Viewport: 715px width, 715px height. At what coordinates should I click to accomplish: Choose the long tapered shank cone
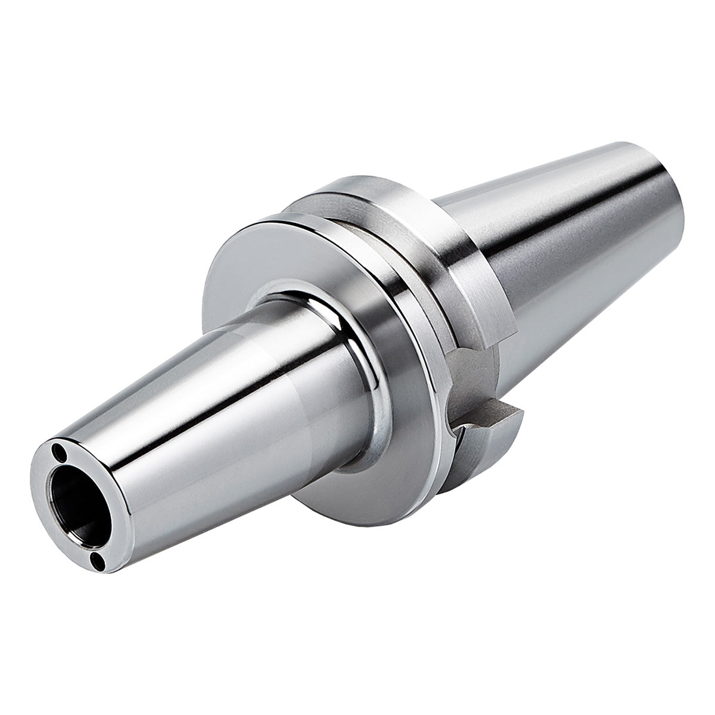point(572,238)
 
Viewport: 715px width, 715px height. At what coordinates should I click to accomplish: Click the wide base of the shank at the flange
point(477,238)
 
